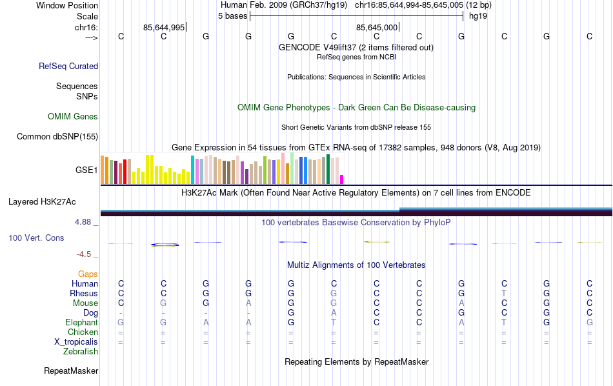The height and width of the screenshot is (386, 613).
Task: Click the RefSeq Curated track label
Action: [68, 66]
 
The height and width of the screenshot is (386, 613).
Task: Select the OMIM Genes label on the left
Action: [73, 117]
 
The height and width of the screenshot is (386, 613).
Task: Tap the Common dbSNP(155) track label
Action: [57, 136]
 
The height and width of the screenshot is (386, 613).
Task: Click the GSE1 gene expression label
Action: [86, 170]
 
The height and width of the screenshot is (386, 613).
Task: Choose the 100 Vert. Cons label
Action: [36, 238]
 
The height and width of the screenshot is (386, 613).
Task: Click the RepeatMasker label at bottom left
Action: [71, 371]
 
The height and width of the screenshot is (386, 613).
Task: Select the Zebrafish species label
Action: [81, 352]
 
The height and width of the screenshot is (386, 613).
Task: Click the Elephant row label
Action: [81, 323]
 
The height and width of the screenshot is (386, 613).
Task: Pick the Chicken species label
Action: [83, 332]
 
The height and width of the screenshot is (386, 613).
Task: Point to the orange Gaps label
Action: [88, 274]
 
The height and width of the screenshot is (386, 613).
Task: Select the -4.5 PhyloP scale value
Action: [85, 254]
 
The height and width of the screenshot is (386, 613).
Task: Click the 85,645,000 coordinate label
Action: [377, 27]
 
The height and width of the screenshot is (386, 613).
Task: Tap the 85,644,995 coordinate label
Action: [164, 27]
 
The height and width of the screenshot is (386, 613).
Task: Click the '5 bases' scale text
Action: [232, 16]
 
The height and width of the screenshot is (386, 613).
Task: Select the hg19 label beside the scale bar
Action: [478, 16]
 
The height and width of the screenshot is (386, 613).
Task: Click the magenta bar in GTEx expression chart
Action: [342, 179]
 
